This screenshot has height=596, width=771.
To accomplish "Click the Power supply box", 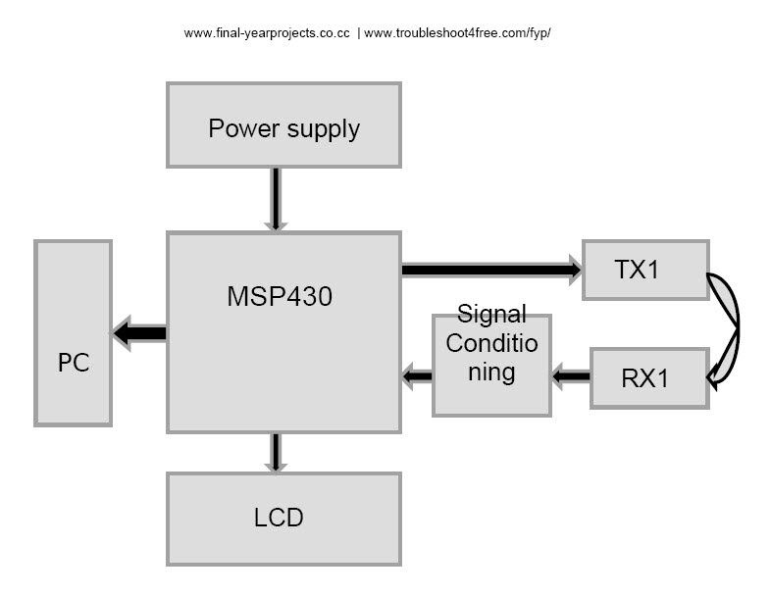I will (x=283, y=124).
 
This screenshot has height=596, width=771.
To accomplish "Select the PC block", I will (x=74, y=332).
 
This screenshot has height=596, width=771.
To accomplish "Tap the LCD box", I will (x=283, y=519).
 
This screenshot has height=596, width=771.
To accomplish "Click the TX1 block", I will (x=644, y=270).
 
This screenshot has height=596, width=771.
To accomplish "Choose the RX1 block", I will (x=648, y=377).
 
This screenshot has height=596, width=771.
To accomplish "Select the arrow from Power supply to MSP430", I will (x=276, y=199).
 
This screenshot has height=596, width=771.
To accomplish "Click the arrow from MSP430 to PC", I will (x=139, y=333).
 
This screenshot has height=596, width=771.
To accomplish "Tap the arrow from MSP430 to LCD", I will (x=276, y=452).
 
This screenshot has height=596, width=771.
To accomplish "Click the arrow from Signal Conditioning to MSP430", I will (x=417, y=374).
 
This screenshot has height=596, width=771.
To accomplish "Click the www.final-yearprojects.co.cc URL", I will (x=267, y=33).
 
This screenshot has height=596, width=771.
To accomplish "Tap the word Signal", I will (x=491, y=315).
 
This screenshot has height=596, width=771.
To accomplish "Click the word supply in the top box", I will (x=321, y=128).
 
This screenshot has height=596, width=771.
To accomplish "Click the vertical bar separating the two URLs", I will (x=358, y=33).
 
